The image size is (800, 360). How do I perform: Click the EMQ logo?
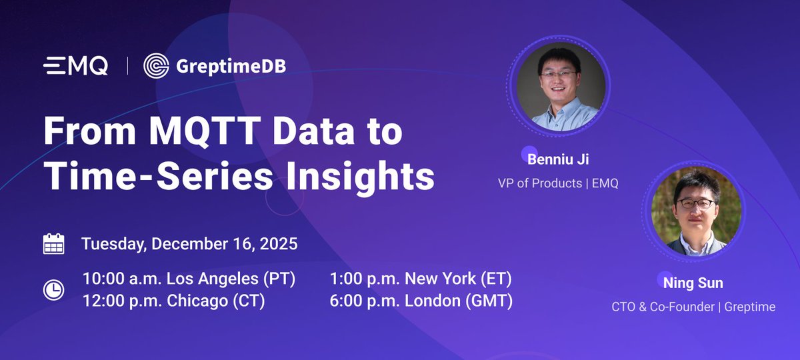pos(75,66)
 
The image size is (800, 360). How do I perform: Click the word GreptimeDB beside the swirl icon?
pos(231,66)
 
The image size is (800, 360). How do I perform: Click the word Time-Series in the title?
pos(144,176)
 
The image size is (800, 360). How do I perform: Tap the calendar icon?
pos(53,244)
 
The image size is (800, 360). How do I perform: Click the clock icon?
pos(53,290)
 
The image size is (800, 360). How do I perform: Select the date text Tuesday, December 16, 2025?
pos(189,243)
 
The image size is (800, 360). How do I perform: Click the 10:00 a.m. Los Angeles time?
pos(189,279)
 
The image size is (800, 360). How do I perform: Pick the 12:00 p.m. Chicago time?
pos(173,301)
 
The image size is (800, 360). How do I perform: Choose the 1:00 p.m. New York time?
pos(421,279)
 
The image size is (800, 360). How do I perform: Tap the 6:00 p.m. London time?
pos(421,301)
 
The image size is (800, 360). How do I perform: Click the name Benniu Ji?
pos(559,160)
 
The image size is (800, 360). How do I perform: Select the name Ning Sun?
pos(693,283)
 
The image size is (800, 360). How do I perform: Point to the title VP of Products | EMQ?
pos(558,183)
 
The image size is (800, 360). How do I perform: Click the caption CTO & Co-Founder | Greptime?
pos(693,307)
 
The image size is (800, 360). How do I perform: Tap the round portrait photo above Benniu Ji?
pos(559,87)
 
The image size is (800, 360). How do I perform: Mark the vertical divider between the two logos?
pos(127,66)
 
